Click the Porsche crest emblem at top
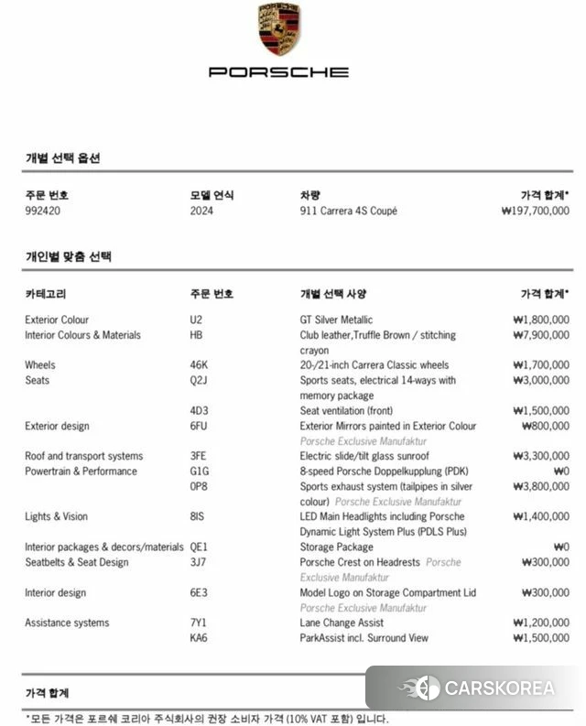pyautogui.click(x=279, y=28)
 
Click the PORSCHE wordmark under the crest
pyautogui.click(x=279, y=71)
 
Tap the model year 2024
pyautogui.click(x=201, y=211)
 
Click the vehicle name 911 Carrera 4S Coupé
pyautogui.click(x=349, y=211)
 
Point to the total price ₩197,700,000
pyautogui.click(x=536, y=211)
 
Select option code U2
pyautogui.click(x=196, y=320)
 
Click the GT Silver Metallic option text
pyautogui.click(x=336, y=320)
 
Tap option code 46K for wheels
pyautogui.click(x=199, y=365)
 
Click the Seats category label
pyautogui.click(x=38, y=380)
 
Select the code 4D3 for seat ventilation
pyautogui.click(x=199, y=410)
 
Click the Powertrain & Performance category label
pyautogui.click(x=81, y=471)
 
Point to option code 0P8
pyautogui.click(x=199, y=486)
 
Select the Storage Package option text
pyautogui.click(x=337, y=547)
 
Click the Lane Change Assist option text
pyautogui.click(x=342, y=623)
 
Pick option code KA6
pyautogui.click(x=199, y=638)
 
